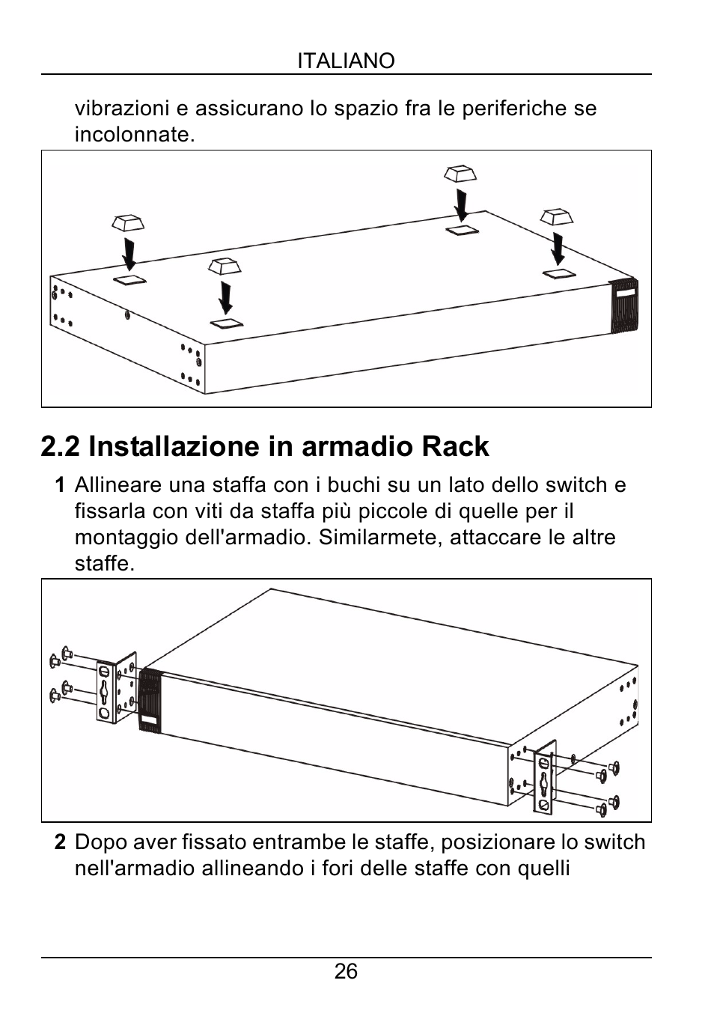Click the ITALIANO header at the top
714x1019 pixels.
(346, 61)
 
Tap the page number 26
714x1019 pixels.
(346, 972)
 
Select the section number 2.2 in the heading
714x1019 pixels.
(61, 446)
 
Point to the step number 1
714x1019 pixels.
(59, 485)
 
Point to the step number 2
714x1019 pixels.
(60, 842)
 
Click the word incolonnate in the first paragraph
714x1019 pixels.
(134, 135)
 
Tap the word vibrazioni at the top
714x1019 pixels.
(122, 109)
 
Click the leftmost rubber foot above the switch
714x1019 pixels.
(127, 222)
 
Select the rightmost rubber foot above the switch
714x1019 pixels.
(557, 216)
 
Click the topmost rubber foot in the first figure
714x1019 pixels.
(460, 174)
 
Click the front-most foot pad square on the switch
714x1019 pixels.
(226, 323)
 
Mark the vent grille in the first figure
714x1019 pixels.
(625, 305)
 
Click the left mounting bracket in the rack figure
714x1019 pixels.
(116, 687)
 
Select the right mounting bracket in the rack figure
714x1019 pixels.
(545, 776)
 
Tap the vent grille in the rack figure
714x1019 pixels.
(150, 699)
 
